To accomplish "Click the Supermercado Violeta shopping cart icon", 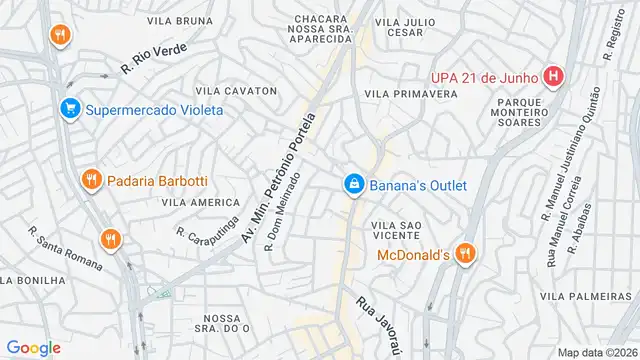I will [69, 109].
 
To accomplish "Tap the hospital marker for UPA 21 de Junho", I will [553, 76].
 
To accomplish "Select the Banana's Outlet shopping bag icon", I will [353, 185].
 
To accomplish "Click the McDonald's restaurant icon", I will [463, 255].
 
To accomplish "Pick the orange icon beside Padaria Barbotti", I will [91, 180].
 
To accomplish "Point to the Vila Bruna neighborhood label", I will [180, 20].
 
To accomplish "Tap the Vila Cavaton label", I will [238, 91].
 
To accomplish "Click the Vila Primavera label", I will [411, 93].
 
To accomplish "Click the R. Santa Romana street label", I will [65, 249].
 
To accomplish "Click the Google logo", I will [34, 347].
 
